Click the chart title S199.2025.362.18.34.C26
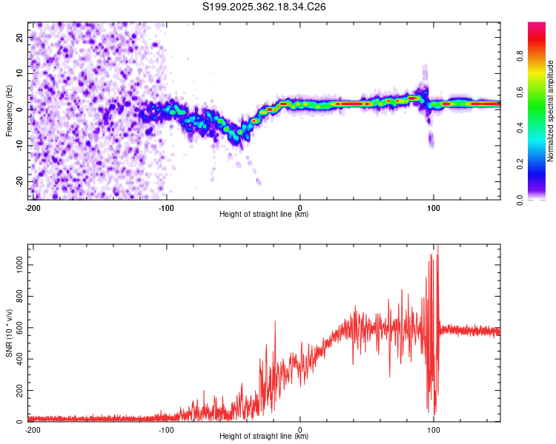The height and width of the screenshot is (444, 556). [x=265, y=7]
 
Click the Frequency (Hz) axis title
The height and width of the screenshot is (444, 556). [x=9, y=111]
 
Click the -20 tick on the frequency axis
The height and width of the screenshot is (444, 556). [x=19, y=181]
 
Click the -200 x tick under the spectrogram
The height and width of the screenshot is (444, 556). [x=32, y=207]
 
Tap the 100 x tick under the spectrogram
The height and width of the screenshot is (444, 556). [x=434, y=207]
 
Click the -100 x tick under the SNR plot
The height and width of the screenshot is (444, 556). [x=165, y=429]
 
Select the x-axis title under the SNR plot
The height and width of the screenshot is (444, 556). [x=265, y=437]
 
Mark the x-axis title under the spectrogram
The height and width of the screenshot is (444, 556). [x=265, y=215]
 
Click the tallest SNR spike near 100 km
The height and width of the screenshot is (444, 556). [x=437, y=247]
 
